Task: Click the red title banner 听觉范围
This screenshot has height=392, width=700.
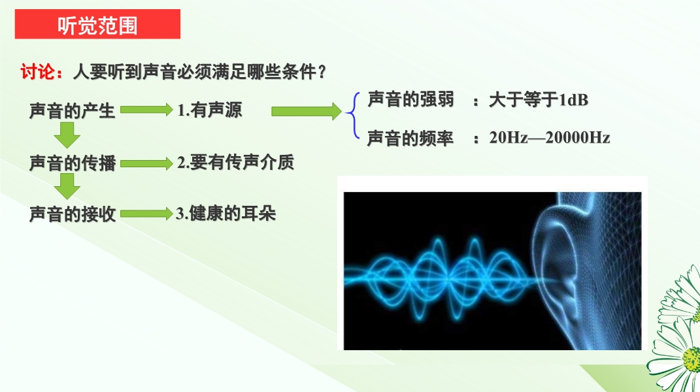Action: click(x=97, y=24)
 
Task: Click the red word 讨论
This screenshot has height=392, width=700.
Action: click(x=38, y=72)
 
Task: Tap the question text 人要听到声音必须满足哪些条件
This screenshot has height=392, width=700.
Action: click(x=195, y=72)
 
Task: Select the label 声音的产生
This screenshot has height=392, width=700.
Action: click(x=73, y=110)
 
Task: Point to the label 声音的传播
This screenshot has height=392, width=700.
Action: click(x=73, y=163)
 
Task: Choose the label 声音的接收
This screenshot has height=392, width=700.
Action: click(x=73, y=214)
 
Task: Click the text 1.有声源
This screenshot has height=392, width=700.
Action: click(x=209, y=110)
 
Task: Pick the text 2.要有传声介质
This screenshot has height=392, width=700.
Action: click(x=235, y=162)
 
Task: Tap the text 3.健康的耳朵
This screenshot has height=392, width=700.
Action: click(x=225, y=214)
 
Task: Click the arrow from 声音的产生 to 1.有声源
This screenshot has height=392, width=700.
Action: click(x=146, y=110)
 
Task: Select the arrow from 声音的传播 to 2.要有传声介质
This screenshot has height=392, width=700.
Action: click(x=146, y=163)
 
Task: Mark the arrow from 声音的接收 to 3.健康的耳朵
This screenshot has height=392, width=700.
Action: click(x=146, y=214)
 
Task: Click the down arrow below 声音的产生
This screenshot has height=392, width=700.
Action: click(x=67, y=135)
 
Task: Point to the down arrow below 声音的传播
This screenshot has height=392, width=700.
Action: click(x=67, y=186)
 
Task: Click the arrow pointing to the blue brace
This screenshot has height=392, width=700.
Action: click(x=307, y=111)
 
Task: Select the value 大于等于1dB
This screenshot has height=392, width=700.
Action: click(x=539, y=99)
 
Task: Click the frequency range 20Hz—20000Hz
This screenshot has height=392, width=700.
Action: click(x=550, y=137)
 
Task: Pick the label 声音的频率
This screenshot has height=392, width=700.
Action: click(x=410, y=139)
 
